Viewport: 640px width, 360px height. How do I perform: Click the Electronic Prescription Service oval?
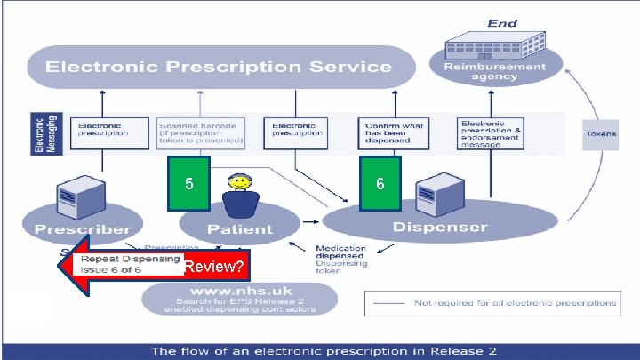220,67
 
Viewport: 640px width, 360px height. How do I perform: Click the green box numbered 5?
188,184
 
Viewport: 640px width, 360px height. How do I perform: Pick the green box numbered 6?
380,184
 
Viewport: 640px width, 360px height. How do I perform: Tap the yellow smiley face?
239,183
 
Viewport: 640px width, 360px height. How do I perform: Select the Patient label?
240,228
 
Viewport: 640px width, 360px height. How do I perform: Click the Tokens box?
602,133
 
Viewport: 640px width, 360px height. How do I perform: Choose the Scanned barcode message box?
200,132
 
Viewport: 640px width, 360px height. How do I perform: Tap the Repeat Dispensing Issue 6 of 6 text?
111,264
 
